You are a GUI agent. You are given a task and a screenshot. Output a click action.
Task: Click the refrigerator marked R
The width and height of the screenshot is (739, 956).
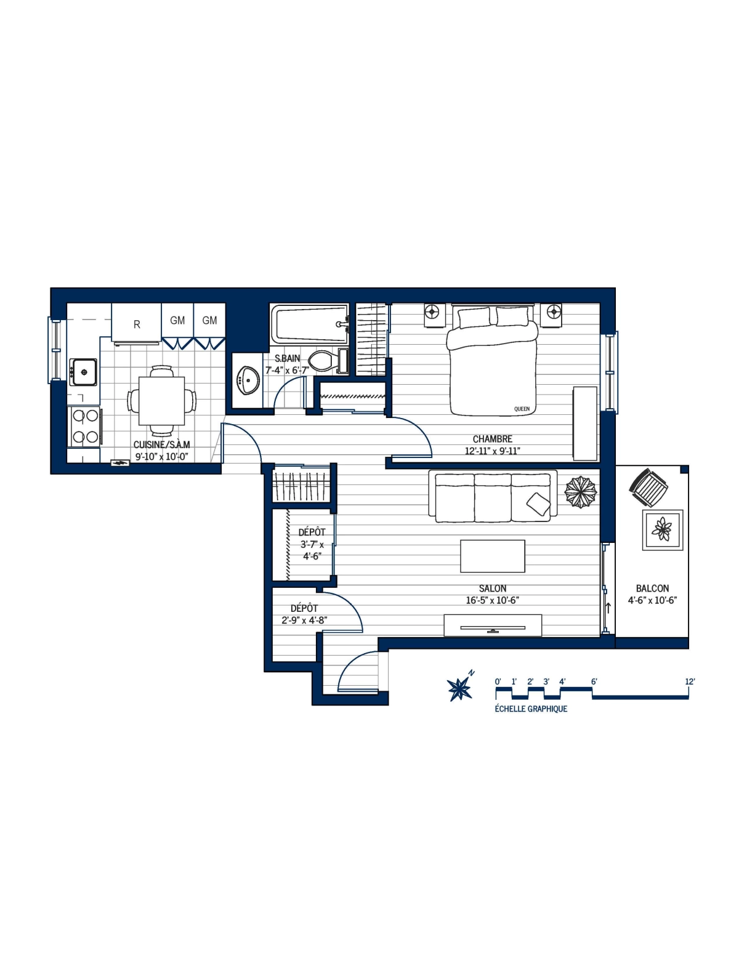(x=137, y=323)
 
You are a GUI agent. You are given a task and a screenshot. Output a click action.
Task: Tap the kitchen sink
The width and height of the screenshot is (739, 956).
(x=83, y=372)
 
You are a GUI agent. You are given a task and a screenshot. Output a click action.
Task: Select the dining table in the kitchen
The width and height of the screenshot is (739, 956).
(x=161, y=401)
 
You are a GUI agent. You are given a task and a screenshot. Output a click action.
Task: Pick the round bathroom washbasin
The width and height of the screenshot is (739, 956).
(x=249, y=380)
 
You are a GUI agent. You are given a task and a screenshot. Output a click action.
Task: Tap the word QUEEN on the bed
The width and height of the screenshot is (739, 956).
(x=522, y=409)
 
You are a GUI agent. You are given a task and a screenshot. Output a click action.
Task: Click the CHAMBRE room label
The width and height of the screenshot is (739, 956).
(x=492, y=439)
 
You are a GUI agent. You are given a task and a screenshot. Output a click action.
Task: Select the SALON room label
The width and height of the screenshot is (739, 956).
(x=493, y=588)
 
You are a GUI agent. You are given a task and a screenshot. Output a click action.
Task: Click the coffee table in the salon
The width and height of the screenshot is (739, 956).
(x=493, y=556)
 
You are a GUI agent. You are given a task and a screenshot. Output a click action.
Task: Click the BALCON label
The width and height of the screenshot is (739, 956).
(x=652, y=588)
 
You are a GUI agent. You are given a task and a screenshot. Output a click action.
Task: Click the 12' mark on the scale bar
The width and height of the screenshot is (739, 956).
(x=690, y=681)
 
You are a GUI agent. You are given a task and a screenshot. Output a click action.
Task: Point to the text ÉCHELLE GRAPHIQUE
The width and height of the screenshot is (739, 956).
(x=531, y=709)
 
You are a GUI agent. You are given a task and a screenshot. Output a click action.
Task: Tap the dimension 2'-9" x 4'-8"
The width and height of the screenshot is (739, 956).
(x=304, y=621)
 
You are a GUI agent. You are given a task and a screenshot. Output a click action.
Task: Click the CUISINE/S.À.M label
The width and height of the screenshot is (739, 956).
(x=161, y=444)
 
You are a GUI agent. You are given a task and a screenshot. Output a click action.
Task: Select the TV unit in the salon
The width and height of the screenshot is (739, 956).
(x=493, y=625)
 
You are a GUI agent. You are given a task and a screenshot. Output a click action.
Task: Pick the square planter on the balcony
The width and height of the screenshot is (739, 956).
(x=663, y=529)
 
